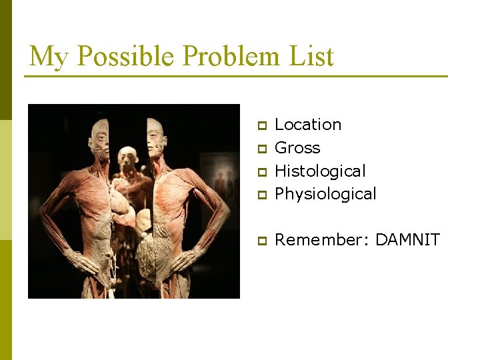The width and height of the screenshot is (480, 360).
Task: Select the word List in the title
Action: pyautogui.click(x=311, y=56)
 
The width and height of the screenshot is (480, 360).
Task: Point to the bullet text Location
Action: pyautogui.click(x=308, y=125)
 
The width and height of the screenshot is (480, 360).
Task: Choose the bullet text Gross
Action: pyautogui.click(x=297, y=148)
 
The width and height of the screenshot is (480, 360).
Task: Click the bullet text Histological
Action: pyautogui.click(x=320, y=171)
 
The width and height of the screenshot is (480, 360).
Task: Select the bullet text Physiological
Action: pyautogui.click(x=325, y=194)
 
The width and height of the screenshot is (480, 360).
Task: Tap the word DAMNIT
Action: pyautogui.click(x=407, y=239)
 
